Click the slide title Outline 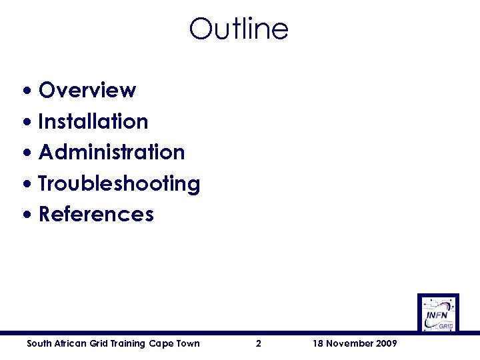(239, 29)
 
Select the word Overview (87, 90)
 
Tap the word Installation (93, 121)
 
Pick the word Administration (111, 152)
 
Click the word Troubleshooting (119, 183)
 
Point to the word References (96, 215)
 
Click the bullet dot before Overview (27, 91)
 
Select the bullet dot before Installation (27, 122)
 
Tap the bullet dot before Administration (27, 153)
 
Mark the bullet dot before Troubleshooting (27, 184)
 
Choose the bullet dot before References (27, 215)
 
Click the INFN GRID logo (438, 313)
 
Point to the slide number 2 (259, 344)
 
